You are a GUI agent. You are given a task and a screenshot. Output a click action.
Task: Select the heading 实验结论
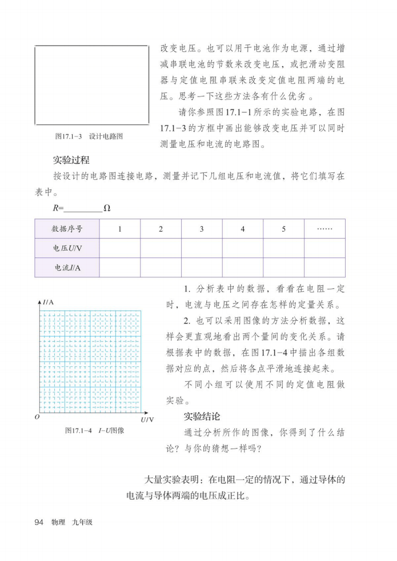202,416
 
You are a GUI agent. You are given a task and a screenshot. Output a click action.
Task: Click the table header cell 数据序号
67,229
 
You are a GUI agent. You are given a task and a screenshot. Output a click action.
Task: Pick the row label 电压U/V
67,248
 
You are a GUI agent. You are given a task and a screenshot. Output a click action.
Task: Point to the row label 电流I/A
67,267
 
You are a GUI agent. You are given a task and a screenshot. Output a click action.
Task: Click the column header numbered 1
120,229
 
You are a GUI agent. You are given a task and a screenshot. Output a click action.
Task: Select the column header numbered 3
202,229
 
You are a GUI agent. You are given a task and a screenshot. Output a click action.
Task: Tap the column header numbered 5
283,229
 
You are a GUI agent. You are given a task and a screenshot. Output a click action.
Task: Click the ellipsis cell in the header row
324,229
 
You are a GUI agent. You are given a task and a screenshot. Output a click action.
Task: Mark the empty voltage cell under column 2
161,248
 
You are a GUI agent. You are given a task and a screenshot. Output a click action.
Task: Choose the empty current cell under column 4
243,267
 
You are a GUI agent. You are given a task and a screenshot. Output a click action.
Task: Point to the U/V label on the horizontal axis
147,420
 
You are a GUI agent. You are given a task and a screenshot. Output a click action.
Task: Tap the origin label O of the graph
36,417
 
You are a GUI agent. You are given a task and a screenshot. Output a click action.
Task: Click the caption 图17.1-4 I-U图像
94,430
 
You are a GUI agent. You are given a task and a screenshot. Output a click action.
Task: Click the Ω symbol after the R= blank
107,208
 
